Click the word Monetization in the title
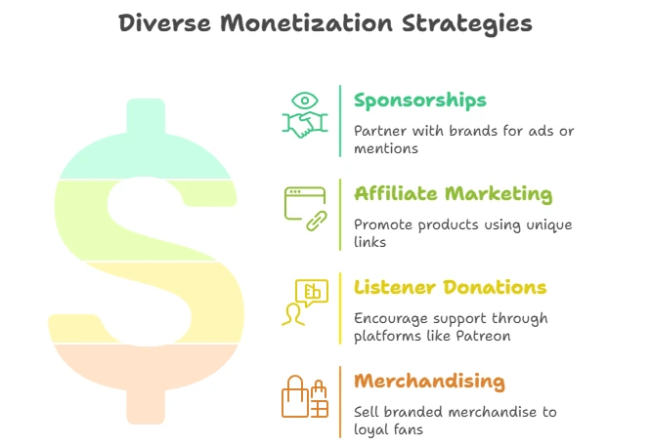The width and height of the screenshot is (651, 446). (x=306, y=22)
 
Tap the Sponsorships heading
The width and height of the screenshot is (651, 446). (x=419, y=101)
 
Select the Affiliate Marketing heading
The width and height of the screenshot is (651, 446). (x=453, y=194)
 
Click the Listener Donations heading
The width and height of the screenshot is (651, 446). (x=450, y=287)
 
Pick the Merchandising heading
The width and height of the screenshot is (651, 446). (x=429, y=382)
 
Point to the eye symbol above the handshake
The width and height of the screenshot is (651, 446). (x=305, y=101)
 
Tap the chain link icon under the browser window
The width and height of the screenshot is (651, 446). (x=317, y=221)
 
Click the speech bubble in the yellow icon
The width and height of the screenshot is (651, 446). (x=312, y=292)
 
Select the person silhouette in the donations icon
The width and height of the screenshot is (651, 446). (x=293, y=315)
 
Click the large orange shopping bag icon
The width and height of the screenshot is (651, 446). (x=295, y=396)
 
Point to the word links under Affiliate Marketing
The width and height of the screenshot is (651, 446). (x=369, y=242)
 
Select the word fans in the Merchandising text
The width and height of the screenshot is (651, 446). (x=409, y=429)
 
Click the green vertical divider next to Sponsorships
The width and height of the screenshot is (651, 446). (x=340, y=121)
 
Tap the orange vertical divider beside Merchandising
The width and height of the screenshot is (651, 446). (x=340, y=402)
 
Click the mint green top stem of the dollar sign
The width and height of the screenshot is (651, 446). (x=146, y=116)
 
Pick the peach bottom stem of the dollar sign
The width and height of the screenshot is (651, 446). (x=146, y=407)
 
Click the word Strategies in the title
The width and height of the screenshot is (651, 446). (x=467, y=23)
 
